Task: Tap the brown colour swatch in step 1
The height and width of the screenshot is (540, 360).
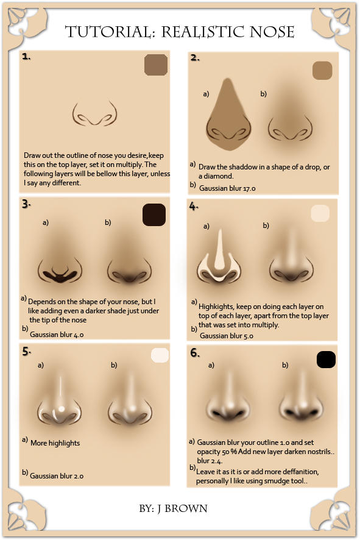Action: coord(156,66)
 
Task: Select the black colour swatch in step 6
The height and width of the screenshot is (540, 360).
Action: coord(326,360)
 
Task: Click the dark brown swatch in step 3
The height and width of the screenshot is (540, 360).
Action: coord(154,215)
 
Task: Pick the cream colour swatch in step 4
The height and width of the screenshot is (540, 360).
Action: coord(320,213)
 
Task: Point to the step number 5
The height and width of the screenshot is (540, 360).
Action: coord(26,352)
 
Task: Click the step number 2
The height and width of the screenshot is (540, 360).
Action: coord(195,58)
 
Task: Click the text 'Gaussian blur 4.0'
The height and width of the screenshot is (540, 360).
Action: coord(57,335)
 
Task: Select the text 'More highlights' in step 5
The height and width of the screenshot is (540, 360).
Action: coord(55,442)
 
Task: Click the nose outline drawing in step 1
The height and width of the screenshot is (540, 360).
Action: coord(94,115)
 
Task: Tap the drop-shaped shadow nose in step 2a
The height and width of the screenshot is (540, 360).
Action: coord(228,122)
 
